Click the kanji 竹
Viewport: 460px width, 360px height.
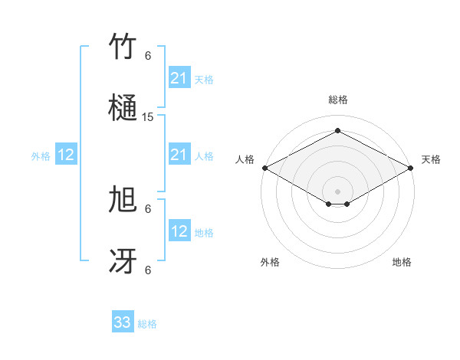coord(123,47)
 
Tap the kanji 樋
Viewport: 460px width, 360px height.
coord(123,108)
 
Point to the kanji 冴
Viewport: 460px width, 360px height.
coord(123,261)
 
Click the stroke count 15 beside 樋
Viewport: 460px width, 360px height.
coord(148,117)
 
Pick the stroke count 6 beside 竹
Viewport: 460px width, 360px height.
coord(148,56)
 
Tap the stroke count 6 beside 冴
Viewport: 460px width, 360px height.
coord(148,270)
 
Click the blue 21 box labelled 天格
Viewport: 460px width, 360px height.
coord(179,78)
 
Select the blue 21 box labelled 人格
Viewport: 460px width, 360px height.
coord(179,155)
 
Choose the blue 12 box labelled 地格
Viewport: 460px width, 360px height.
coord(179,231)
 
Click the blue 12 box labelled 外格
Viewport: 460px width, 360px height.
coord(66,155)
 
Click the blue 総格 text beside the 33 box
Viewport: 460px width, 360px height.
coord(147,324)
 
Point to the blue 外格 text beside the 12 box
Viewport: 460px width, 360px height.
coord(41,156)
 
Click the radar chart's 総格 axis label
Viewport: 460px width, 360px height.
coord(337,100)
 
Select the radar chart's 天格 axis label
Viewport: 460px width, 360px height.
coord(431,159)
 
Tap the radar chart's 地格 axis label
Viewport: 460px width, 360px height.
coord(402,262)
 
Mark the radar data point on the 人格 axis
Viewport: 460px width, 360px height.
coord(264,168)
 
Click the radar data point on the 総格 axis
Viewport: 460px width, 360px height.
coord(337,131)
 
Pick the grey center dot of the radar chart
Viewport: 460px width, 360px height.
coord(337,190)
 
